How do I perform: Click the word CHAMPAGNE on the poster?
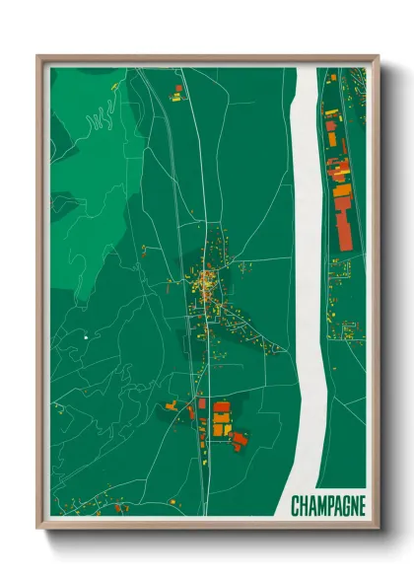tap(328, 507)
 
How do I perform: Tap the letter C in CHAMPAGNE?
tap(296, 507)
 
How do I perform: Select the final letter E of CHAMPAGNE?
tap(361, 507)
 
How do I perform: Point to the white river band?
tap(307, 247)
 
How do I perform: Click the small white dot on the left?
tap(87, 337)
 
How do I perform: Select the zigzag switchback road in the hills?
tap(99, 123)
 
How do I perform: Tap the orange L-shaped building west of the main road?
tap(174, 404)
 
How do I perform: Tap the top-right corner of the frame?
tap(376, 58)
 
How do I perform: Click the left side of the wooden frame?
tap(42, 296)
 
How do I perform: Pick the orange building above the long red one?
tap(341, 191)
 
